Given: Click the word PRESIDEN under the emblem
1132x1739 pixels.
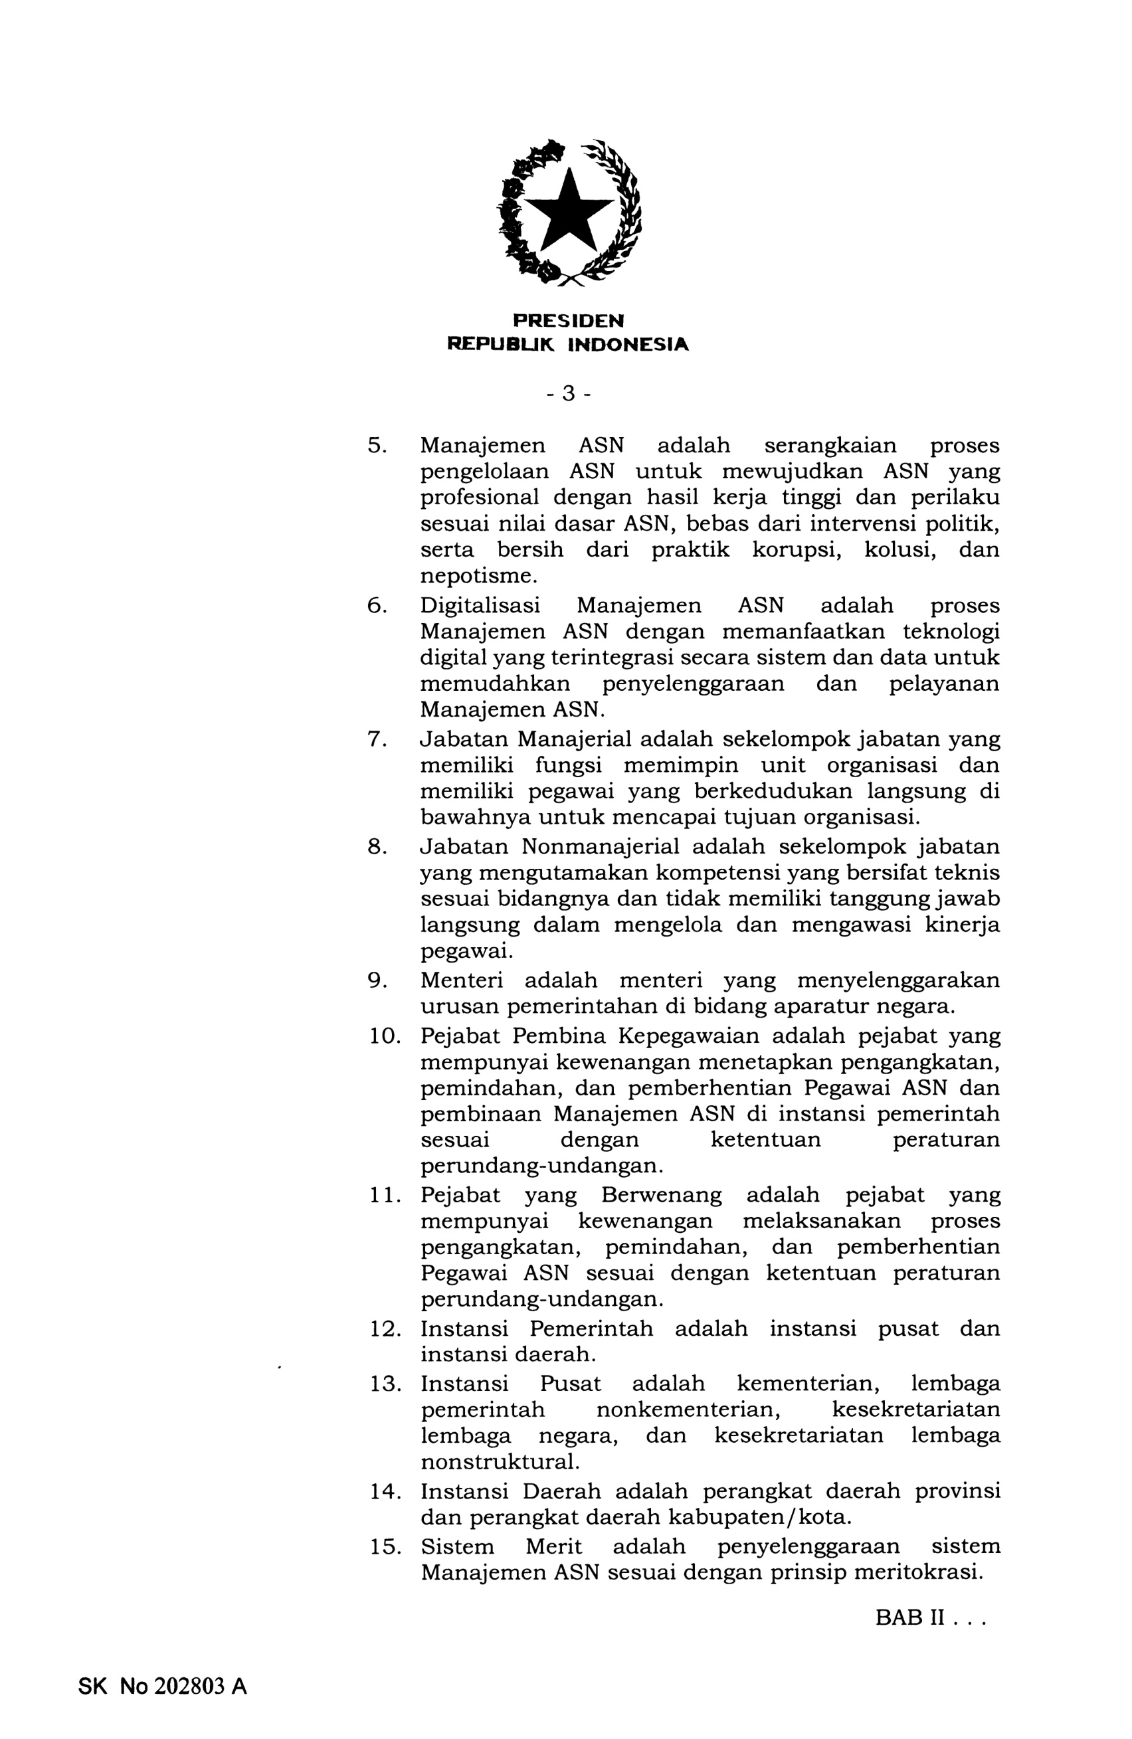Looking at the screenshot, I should click(x=568, y=321).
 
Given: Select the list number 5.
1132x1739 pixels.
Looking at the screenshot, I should click(x=375, y=445).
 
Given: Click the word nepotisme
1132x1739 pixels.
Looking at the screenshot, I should click(x=478, y=576).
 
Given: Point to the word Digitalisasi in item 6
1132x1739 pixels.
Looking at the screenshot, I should click(x=480, y=606).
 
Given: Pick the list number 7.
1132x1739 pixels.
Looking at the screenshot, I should click(x=375, y=739).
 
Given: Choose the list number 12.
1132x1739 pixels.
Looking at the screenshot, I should click(x=385, y=1328).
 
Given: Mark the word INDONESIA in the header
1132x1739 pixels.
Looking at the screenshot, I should click(x=628, y=344).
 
